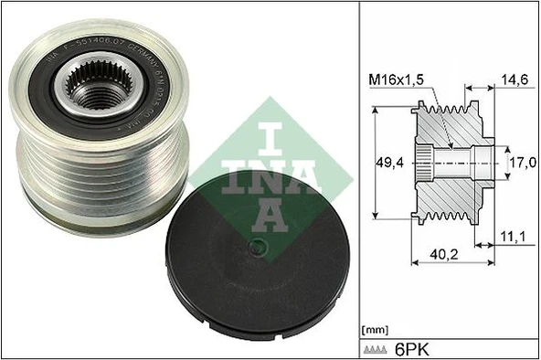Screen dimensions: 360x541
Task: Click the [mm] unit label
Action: pos(376,328)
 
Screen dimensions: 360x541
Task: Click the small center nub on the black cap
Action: pos(259,244)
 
